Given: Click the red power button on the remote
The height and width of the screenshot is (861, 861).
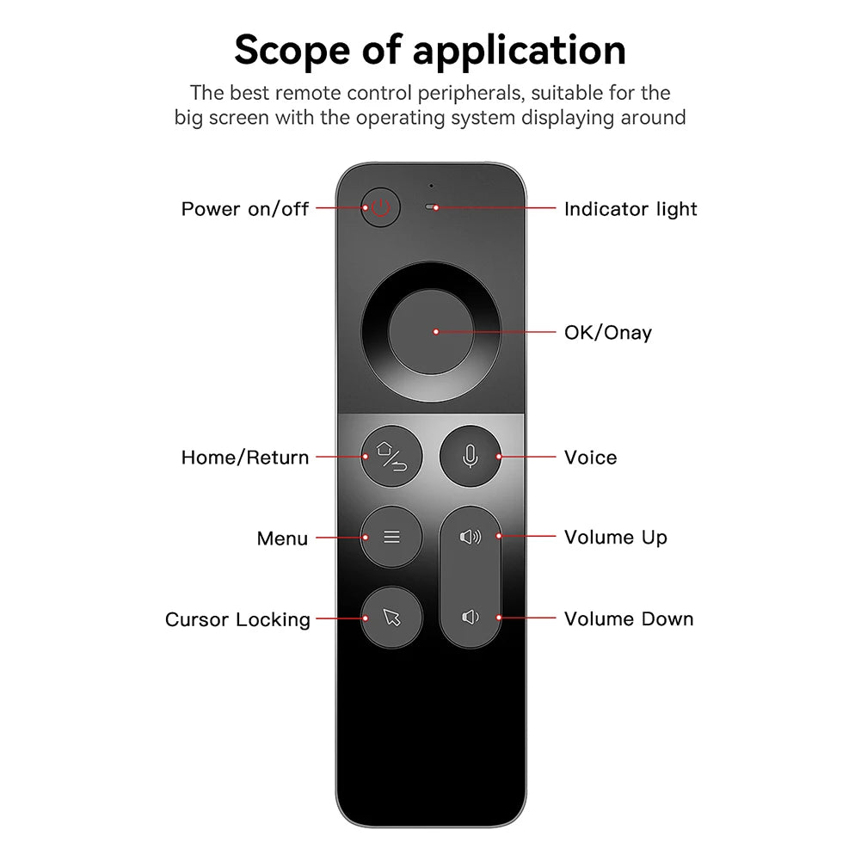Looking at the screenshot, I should tap(381, 208).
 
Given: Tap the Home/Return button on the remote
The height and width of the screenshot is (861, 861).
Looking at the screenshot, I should tap(391, 456).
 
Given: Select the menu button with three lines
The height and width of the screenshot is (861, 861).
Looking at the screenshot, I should tap(391, 537).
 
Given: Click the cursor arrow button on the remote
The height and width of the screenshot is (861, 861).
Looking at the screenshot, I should tap(391, 617).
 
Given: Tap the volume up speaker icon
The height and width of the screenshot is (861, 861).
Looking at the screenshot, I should tap(470, 537).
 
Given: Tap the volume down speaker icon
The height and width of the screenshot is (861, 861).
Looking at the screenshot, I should tap(470, 617).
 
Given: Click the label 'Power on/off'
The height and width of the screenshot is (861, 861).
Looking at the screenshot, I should tap(245, 209).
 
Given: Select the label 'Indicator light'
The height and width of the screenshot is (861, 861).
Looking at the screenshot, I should tap(630, 209).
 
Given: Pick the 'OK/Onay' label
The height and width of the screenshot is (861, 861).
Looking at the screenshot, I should tap(608, 333).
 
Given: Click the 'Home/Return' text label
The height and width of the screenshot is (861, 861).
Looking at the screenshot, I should tap(245, 458).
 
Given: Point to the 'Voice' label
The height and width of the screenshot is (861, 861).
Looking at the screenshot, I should tap(590, 458).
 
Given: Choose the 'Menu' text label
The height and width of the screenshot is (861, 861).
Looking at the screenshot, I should tap(282, 539).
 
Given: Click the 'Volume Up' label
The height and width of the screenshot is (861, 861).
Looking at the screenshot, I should tap(616, 538).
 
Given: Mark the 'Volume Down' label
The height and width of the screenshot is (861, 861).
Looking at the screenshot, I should tap(629, 619).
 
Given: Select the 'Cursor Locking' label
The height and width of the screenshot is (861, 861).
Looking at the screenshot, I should tap(238, 620).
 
